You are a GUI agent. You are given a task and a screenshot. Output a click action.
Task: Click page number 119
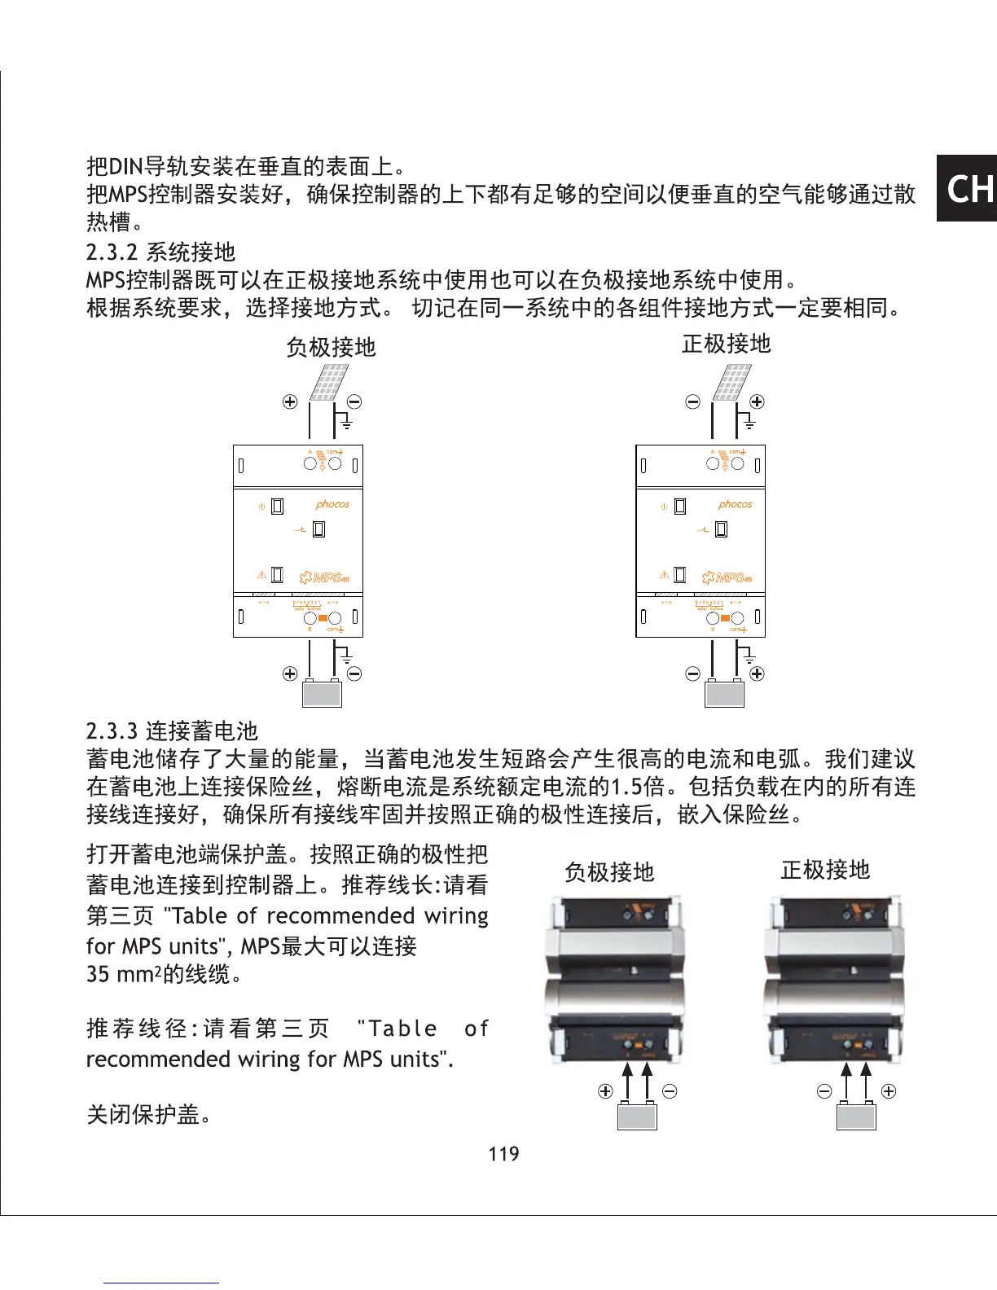(x=503, y=1153)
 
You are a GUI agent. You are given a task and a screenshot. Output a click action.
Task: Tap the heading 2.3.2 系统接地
(x=160, y=252)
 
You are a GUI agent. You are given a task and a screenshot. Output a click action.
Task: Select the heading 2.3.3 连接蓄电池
(x=172, y=731)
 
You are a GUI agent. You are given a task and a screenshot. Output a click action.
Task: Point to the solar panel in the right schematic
(x=732, y=382)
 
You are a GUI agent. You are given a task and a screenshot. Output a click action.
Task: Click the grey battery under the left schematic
(x=322, y=693)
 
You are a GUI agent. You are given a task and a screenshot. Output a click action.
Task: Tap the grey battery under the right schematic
(x=724, y=693)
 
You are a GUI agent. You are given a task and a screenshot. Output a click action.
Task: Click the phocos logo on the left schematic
(x=332, y=504)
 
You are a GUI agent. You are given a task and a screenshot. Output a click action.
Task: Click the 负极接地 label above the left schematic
(x=331, y=347)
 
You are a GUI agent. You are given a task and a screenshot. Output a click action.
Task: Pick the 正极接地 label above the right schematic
(x=726, y=344)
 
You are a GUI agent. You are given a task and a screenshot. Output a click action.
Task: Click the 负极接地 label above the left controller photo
(x=609, y=872)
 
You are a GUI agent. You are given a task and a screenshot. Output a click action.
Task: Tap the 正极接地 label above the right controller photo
(x=825, y=870)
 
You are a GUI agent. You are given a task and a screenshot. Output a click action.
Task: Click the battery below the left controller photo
(x=637, y=1115)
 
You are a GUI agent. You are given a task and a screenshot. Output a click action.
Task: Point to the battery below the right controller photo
(x=856, y=1115)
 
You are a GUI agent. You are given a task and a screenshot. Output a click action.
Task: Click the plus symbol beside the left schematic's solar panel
(x=290, y=401)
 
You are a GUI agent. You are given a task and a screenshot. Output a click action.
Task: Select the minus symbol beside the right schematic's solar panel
(x=692, y=401)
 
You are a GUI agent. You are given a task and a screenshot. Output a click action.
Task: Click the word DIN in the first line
(x=125, y=167)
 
